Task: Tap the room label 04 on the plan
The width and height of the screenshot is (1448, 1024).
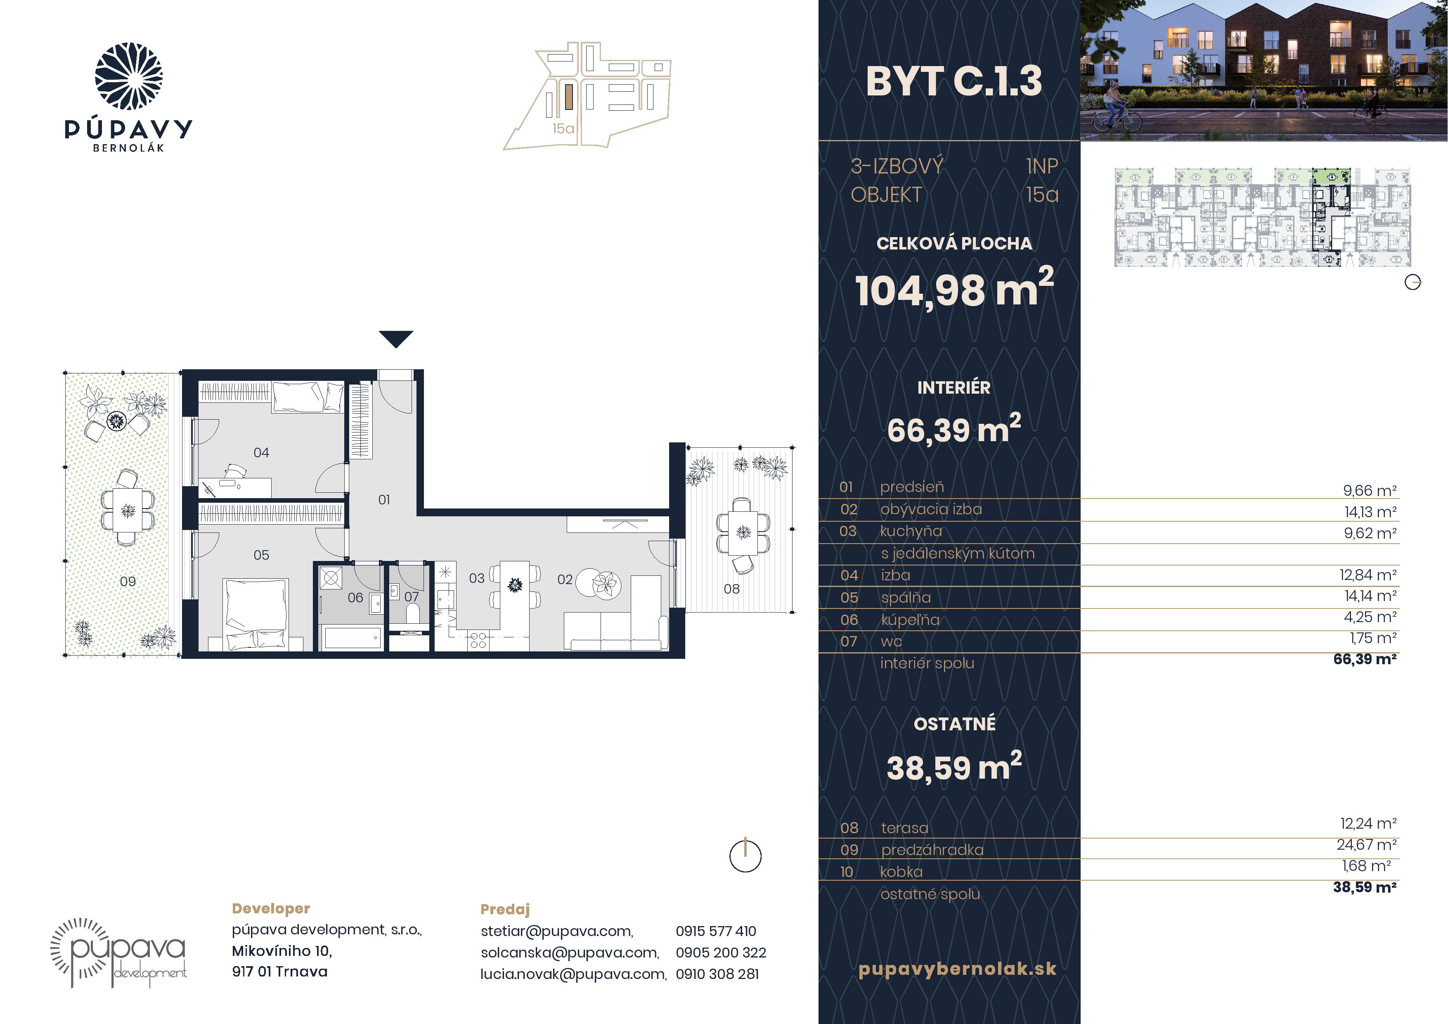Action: pos(261,452)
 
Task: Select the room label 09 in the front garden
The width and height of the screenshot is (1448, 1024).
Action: pos(128,581)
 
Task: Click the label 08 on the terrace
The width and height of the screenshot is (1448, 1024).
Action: pos(731,589)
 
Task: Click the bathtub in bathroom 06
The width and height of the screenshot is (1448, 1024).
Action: pos(352,637)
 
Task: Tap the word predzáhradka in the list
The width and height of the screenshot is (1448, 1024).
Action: pos(932,850)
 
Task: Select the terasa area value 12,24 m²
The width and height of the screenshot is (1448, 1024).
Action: pos(1368,823)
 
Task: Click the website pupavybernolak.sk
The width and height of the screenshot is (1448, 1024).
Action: pos(957,969)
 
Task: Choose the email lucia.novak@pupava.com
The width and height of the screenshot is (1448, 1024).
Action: pos(573,974)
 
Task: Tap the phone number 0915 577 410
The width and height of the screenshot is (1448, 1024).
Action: pos(716,931)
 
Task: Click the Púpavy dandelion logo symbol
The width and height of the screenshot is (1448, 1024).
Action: pos(129,76)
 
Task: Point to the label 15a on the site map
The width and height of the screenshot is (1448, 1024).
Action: pos(563,129)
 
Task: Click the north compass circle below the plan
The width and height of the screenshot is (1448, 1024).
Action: pos(745,856)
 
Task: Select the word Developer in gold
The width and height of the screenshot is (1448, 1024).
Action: pos(271,908)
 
